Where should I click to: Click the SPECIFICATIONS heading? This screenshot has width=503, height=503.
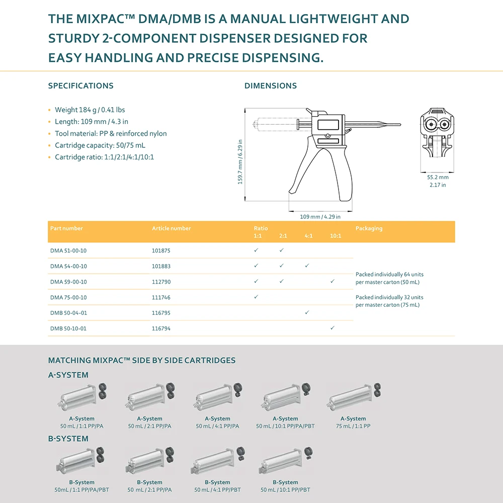tap(80, 86)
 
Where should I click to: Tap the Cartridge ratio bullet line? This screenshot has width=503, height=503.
tap(104, 157)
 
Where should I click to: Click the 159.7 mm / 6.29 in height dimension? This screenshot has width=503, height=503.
tap(240, 161)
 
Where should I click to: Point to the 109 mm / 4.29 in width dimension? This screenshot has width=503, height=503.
tap(320, 217)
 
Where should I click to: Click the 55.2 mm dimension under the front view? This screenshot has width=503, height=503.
tap(437, 177)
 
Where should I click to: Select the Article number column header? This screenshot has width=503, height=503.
tap(172, 228)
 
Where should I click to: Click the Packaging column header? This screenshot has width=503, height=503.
tap(369, 228)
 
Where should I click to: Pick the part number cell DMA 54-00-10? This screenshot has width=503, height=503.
tap(68, 266)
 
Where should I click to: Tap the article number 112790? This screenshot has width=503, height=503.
tap(161, 282)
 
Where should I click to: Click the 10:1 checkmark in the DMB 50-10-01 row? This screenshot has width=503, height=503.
tap(332, 328)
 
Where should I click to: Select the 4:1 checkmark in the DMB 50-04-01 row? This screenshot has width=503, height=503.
tap(307, 312)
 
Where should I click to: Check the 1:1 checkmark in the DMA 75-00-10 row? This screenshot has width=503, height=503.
tap(256, 297)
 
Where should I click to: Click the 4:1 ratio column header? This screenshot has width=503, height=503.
tap(308, 235)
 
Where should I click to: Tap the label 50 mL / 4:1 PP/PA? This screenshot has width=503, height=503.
tap(217, 426)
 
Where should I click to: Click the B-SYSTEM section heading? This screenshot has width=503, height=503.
tap(68, 439)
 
